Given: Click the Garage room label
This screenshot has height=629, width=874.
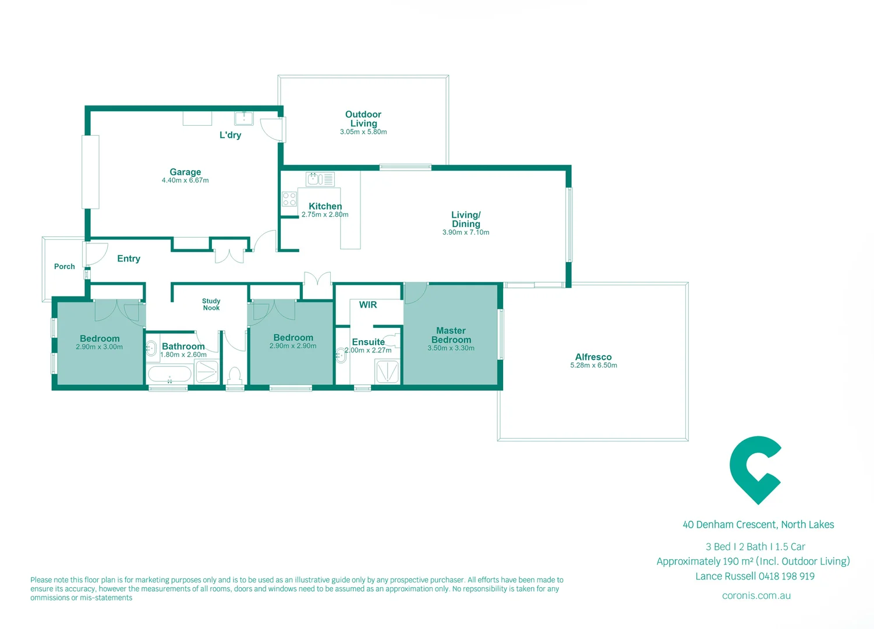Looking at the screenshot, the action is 185,172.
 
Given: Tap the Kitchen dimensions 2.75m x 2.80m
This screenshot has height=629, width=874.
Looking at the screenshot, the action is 325,214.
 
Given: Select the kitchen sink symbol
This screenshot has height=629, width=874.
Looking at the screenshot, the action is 320,179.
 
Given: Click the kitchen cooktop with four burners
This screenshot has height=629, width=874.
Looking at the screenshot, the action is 289,199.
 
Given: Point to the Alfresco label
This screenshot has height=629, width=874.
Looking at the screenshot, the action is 593,356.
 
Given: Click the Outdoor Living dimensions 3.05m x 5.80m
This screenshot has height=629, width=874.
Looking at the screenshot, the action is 363,132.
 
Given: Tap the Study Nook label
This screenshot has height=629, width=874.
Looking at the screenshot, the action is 211,305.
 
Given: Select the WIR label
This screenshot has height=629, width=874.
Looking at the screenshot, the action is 368,305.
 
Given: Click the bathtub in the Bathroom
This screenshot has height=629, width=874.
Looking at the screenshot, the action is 169,373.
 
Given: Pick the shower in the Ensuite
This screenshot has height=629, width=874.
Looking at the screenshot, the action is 387,371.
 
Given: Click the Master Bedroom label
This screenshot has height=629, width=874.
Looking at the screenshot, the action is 451,335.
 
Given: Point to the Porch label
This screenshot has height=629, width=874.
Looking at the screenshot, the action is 65,267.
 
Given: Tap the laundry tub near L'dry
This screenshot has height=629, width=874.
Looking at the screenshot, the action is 244,118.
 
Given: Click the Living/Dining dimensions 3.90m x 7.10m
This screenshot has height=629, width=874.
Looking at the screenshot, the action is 466,232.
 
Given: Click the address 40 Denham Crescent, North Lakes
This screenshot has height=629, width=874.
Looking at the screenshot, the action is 758,525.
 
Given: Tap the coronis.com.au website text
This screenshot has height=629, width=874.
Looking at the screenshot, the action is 756,596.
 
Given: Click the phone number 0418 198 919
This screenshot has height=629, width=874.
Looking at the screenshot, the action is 786,577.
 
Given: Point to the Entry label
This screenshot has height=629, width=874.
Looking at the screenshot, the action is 129,259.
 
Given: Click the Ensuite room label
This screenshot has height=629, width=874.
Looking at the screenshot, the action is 369,342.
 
